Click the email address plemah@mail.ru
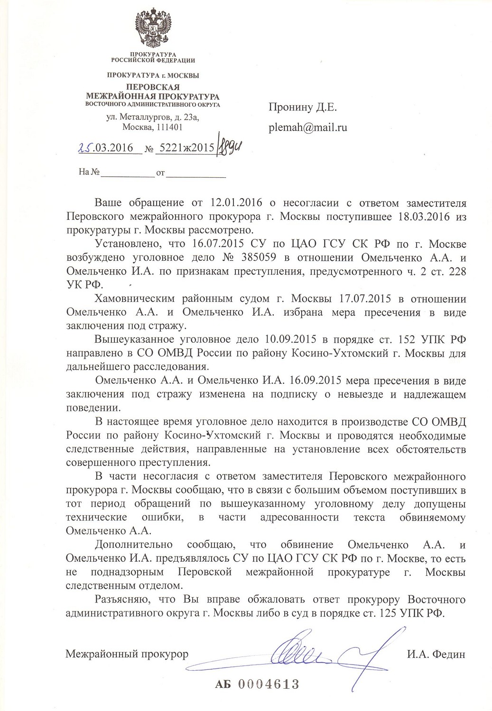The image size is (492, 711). [308, 128]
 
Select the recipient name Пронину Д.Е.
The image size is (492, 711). [303, 108]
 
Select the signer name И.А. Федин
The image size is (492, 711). [436, 655]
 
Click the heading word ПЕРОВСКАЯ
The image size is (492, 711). [153, 87]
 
